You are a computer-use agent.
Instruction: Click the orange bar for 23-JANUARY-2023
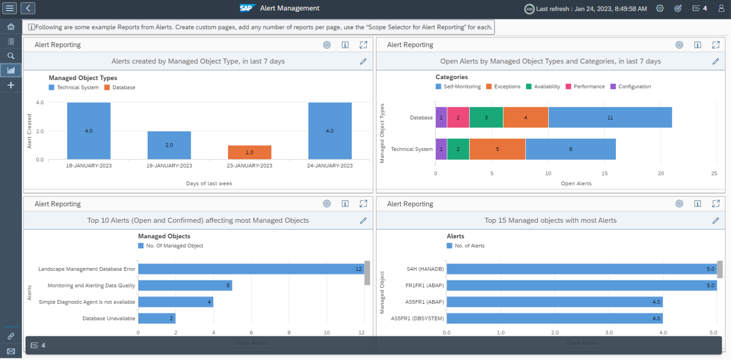249,152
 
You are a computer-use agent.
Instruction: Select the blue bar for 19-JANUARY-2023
169,145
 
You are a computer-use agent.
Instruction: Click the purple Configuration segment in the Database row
441,118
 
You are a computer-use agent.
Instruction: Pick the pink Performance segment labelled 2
458,118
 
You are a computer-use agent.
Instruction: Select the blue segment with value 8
571,149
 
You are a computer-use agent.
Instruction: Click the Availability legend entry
543,87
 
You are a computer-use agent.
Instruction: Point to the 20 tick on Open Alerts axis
661,174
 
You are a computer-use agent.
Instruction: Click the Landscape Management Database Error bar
251,269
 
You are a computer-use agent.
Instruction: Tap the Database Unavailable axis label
109,319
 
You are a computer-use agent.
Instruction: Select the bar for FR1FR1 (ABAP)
581,286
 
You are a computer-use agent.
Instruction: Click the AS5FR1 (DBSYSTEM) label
417,319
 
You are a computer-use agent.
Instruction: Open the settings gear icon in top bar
660,8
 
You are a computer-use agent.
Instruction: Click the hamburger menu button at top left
10,8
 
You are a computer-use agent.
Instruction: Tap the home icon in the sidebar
10,27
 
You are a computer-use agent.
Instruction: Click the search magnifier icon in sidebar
10,56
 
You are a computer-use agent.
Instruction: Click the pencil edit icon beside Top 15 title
715,220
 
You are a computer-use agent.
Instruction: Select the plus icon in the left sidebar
10,85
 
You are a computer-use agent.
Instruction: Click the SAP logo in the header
247,8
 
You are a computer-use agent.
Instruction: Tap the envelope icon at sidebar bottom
10,351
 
